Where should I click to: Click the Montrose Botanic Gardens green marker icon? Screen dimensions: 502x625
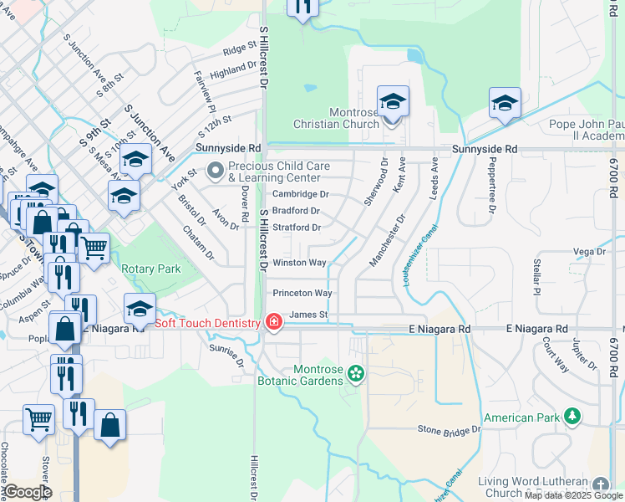point(357,372)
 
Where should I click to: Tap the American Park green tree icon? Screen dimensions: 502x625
point(572,416)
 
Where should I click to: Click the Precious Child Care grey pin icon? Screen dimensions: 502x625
point(216,172)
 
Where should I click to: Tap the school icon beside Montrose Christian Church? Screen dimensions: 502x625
point(393,103)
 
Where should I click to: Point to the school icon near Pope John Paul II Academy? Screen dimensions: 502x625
point(505,104)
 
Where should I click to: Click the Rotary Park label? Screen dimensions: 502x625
point(151,269)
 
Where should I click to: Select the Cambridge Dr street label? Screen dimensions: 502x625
point(301,194)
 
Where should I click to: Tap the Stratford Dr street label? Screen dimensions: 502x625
point(297,228)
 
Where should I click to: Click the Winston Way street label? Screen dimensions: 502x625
point(300,263)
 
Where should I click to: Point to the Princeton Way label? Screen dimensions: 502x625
point(302,294)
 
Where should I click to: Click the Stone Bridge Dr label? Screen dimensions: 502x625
point(450,429)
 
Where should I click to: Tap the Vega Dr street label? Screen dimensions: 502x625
point(589,251)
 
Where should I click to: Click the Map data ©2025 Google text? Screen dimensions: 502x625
point(573,495)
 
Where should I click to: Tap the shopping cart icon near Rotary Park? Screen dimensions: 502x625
point(94,248)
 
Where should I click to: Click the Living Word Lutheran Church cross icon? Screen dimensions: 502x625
point(600,485)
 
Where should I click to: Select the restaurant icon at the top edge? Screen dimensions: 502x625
point(302,7)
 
